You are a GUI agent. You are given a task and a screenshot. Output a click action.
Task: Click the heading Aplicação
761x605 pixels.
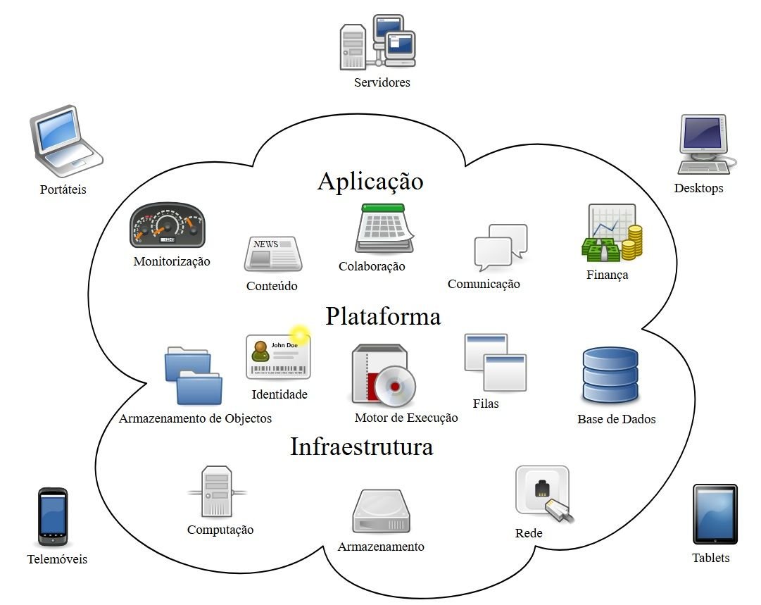click(370, 181)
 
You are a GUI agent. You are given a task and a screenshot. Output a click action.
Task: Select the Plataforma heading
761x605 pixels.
click(383, 316)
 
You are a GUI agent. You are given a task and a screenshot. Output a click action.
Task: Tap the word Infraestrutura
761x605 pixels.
click(361, 447)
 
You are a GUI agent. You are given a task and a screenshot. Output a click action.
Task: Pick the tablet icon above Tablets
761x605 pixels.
click(715, 514)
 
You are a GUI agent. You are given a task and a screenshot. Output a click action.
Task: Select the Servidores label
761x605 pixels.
click(382, 82)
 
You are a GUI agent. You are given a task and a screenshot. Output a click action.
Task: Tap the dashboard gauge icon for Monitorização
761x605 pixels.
click(168, 225)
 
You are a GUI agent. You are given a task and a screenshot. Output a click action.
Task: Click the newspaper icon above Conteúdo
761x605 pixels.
click(272, 254)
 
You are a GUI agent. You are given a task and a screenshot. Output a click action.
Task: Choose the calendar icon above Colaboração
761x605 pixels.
click(384, 228)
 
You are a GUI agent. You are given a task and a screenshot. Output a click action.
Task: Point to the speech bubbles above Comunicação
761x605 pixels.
click(500, 247)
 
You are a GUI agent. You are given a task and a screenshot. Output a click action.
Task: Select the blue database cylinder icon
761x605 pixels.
click(610, 375)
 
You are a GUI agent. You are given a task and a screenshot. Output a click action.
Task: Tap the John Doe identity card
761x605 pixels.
click(278, 356)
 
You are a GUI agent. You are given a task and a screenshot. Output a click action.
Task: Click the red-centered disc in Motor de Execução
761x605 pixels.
click(394, 387)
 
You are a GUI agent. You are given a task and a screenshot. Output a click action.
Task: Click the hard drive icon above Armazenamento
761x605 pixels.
click(381, 512)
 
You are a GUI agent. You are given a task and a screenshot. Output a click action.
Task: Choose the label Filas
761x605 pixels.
click(486, 404)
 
